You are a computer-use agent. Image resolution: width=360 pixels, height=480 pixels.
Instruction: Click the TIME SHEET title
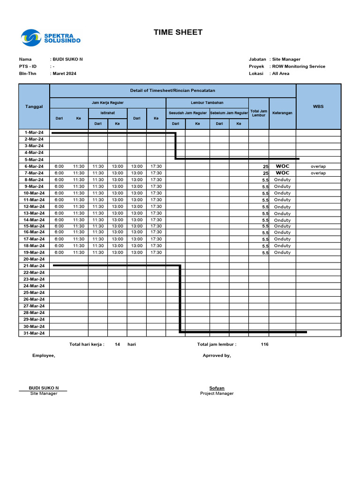pos(178,32)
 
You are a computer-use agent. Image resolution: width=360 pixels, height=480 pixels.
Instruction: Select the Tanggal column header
pos(34,106)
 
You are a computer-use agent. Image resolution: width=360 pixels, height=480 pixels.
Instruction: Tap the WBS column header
pos(318,106)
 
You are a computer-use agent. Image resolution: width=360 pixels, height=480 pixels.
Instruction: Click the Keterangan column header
pos(282,113)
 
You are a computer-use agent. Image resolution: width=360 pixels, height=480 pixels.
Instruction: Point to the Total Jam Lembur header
pos(259,113)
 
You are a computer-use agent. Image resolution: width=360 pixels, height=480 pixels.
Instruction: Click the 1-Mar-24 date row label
pos(34,133)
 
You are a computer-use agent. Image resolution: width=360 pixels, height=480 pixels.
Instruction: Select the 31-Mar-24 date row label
pos(34,333)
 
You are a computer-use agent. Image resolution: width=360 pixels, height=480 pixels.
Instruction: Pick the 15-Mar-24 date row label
pos(34,226)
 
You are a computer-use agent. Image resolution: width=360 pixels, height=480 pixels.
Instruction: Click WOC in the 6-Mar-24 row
pos(283,166)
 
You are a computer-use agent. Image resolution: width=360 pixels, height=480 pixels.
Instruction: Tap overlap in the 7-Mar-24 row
pos(318,173)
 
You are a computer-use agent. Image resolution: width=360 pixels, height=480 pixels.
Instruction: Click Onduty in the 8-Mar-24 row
pos(282,180)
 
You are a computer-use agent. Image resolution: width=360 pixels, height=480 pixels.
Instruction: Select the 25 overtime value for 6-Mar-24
pos(266,167)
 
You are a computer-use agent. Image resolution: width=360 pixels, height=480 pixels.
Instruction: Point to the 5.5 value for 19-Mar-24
pos(265,253)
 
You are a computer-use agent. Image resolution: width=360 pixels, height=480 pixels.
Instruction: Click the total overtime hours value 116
pos(265,344)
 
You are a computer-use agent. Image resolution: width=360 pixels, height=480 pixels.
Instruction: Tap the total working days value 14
pos(117,344)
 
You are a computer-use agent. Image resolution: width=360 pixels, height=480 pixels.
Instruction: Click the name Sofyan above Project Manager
pos(217,388)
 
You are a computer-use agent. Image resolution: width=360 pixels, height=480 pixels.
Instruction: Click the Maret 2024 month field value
pos(65,74)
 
